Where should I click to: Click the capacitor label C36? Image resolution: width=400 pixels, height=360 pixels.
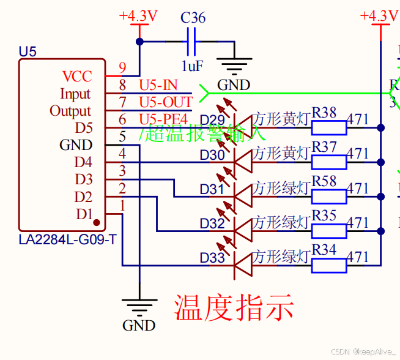point(193,18)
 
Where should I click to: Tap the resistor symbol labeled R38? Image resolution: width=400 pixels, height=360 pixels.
point(329,127)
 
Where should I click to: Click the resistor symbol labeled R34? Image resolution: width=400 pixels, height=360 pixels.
point(329,265)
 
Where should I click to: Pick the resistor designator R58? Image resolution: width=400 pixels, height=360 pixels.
point(324,181)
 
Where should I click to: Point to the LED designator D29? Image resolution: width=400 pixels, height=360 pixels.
point(212,119)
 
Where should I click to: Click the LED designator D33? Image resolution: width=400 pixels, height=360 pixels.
point(212,258)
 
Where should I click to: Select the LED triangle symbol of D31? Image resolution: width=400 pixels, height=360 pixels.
point(243,196)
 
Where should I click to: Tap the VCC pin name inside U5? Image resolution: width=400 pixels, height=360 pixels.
point(77,77)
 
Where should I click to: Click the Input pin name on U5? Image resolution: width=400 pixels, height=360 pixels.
point(75,94)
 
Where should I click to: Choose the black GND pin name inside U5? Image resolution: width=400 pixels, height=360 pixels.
point(76,145)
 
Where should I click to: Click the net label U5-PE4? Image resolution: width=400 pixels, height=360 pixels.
point(163,119)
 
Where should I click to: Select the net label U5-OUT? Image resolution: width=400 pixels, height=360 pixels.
point(166,102)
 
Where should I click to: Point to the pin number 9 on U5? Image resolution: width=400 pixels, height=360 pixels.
point(122,68)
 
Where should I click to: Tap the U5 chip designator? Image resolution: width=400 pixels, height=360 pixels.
point(28,52)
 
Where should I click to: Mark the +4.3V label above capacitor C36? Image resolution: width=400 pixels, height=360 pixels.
point(139,16)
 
